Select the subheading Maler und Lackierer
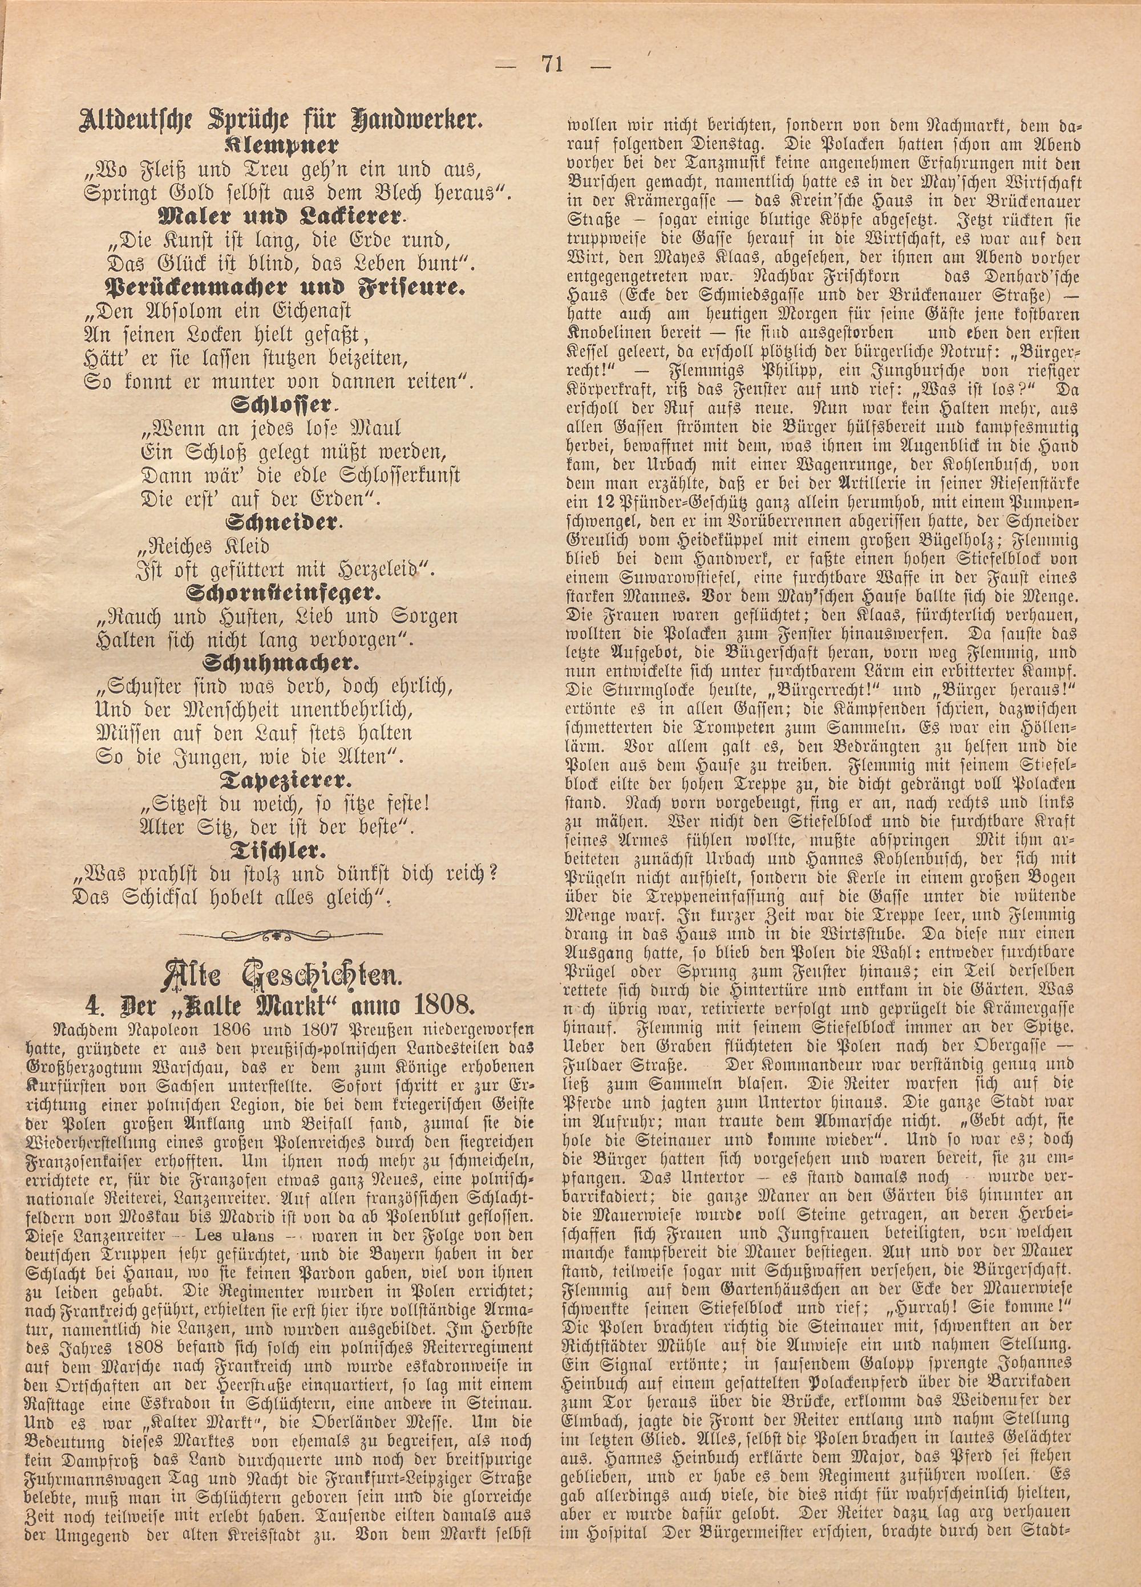tap(282, 217)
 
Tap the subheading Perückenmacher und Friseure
tap(284, 287)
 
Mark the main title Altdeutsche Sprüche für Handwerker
tap(282, 120)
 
